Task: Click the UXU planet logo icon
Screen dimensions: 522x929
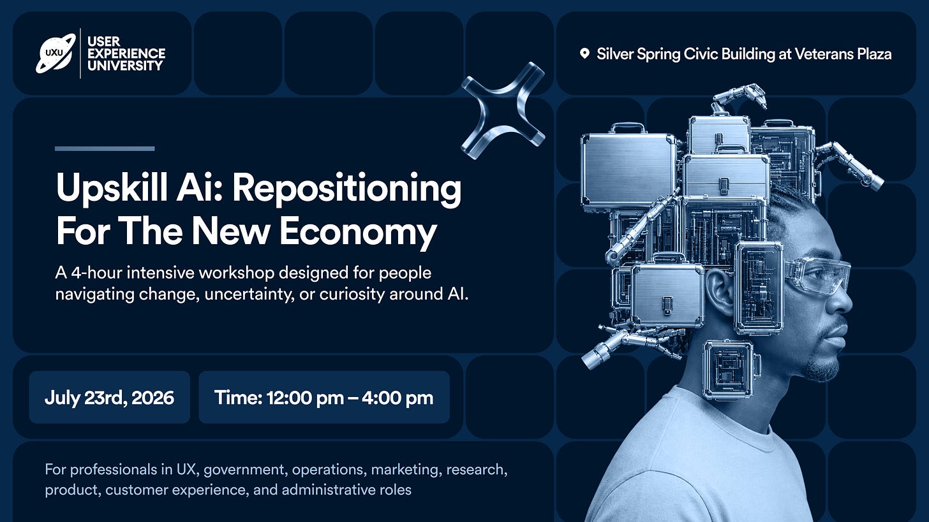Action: (x=56, y=53)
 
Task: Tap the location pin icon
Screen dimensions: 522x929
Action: (x=584, y=54)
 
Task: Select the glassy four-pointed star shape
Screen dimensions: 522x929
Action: (x=503, y=110)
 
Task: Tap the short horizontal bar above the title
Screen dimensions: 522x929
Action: (x=105, y=149)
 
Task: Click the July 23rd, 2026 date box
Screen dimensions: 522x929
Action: (x=109, y=398)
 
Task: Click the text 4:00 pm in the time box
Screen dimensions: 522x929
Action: (x=398, y=398)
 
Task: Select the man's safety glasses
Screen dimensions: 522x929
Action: (x=817, y=274)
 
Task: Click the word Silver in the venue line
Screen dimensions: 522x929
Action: (x=615, y=54)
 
